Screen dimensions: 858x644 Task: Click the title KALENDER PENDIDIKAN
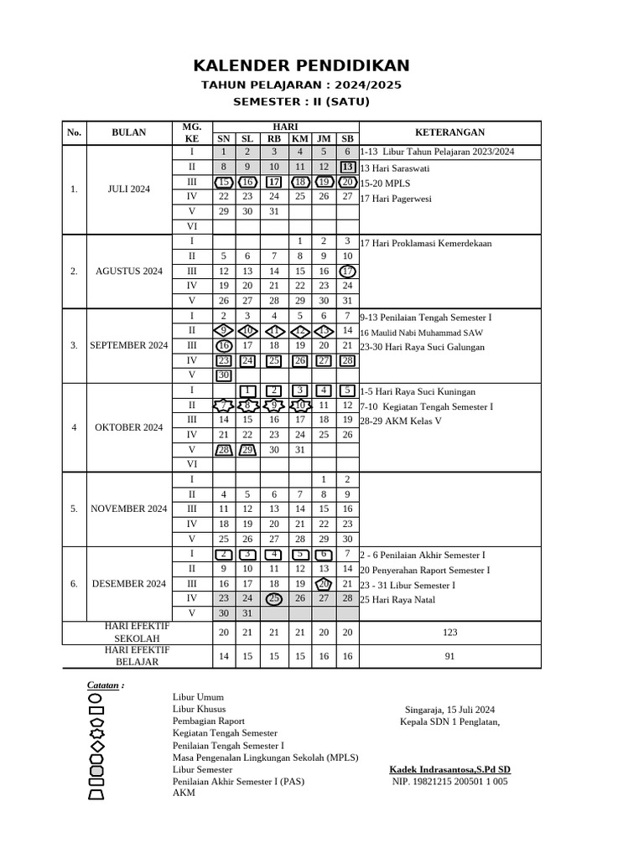(302, 65)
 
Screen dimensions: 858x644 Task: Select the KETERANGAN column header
(450, 132)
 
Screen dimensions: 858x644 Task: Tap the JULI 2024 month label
(129, 189)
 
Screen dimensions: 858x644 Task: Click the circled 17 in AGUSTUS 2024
(347, 271)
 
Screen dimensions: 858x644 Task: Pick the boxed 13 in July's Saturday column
(347, 168)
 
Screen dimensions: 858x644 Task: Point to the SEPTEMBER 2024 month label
(129, 345)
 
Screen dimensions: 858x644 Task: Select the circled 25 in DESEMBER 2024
(274, 598)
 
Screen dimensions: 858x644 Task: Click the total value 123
(450, 633)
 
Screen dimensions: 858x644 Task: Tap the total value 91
(450, 657)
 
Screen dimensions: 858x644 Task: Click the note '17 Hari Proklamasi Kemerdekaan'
(426, 243)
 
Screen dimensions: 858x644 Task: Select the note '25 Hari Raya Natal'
(399, 599)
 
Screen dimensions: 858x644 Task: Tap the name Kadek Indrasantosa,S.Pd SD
(449, 769)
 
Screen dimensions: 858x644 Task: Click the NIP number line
(449, 782)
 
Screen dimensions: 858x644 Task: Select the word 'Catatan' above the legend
(104, 685)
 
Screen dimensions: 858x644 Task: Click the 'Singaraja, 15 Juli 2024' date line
(449, 708)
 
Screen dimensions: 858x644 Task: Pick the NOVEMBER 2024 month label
(129, 509)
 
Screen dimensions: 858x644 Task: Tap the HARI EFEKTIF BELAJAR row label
(137, 656)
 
